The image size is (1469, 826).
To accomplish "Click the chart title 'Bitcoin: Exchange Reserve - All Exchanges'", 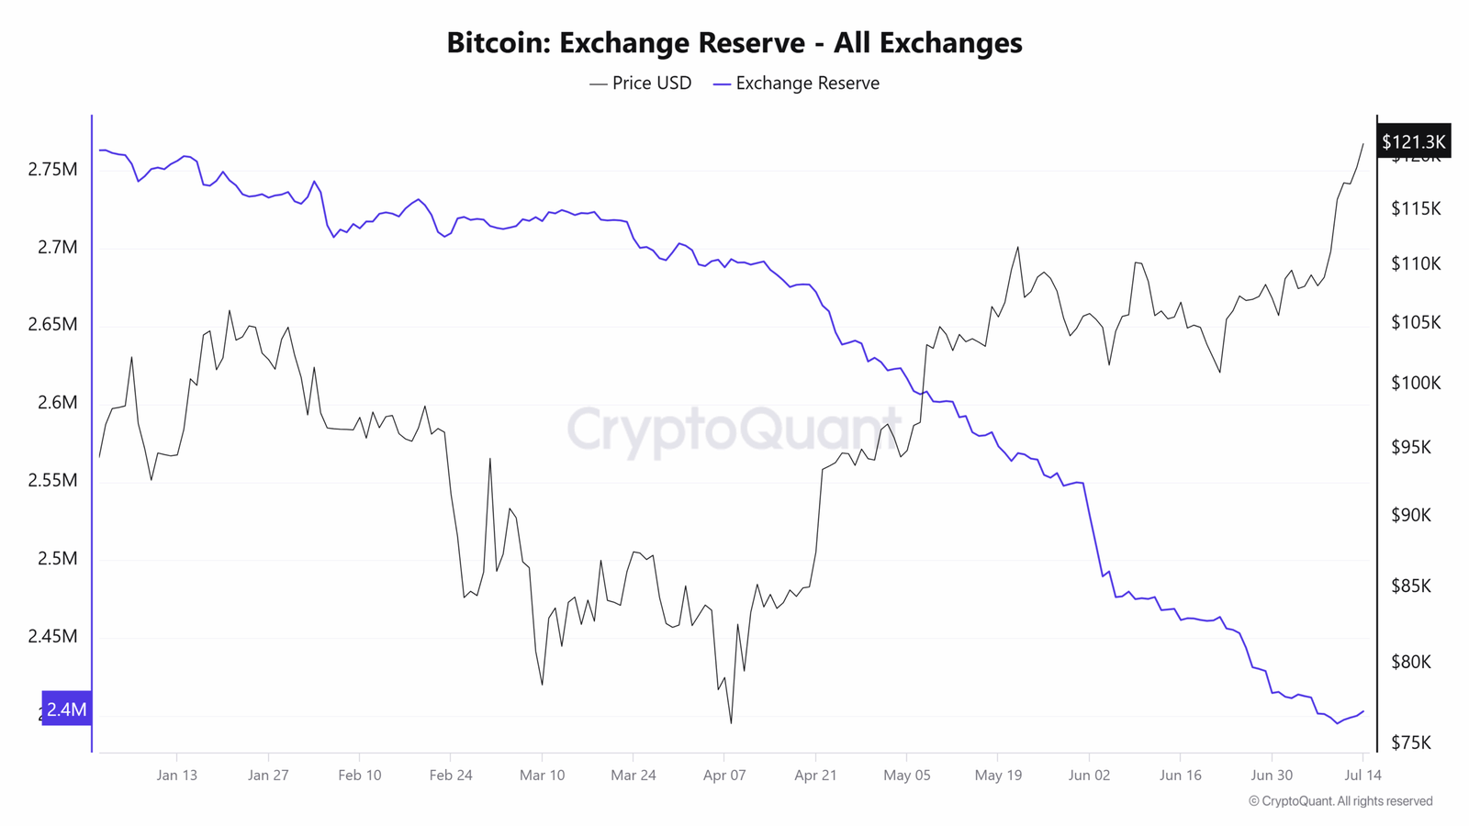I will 734,42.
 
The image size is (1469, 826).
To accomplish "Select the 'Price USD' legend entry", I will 641,84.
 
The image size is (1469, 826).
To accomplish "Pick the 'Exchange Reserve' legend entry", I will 797,84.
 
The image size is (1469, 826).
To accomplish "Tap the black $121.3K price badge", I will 1414,141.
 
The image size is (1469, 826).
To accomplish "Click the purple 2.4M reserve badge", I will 66,709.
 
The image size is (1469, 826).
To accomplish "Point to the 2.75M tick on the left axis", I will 52,169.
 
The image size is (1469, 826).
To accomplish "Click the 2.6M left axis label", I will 58,403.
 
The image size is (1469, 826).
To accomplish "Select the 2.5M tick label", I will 58,559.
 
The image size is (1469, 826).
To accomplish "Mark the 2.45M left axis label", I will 52,636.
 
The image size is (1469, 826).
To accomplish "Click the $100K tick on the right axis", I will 1416,383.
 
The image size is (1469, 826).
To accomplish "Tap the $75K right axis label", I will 1411,742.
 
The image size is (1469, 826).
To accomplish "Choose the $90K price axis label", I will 1411,515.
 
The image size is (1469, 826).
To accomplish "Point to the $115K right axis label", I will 1416,209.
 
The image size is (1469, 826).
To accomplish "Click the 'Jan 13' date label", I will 176,775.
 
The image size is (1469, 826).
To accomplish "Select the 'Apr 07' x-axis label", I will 724,775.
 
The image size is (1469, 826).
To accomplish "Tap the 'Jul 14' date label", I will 1362,775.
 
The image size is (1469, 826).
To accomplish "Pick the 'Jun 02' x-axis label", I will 1089,775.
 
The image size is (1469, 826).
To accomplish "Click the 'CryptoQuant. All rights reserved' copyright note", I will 1340,801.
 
